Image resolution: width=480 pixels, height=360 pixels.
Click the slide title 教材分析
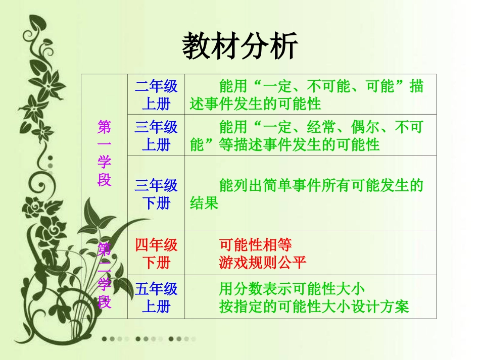240,46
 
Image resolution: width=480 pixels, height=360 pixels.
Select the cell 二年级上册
156,95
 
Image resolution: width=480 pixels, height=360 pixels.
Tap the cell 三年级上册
156,136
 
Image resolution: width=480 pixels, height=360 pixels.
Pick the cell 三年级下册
156,194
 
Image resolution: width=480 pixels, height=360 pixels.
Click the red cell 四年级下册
156,253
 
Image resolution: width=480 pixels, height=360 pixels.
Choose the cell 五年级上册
156,297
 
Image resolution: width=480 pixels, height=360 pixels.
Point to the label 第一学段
104,153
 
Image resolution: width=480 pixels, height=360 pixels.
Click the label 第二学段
105,275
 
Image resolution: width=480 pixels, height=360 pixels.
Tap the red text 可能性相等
255,245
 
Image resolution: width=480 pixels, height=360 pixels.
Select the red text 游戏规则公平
263,263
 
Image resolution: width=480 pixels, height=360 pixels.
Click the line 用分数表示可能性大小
292,289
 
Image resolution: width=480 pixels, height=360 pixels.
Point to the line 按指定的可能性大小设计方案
313,306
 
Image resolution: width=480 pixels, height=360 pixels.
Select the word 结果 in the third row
204,203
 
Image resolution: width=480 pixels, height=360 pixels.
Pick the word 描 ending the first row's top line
416,86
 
